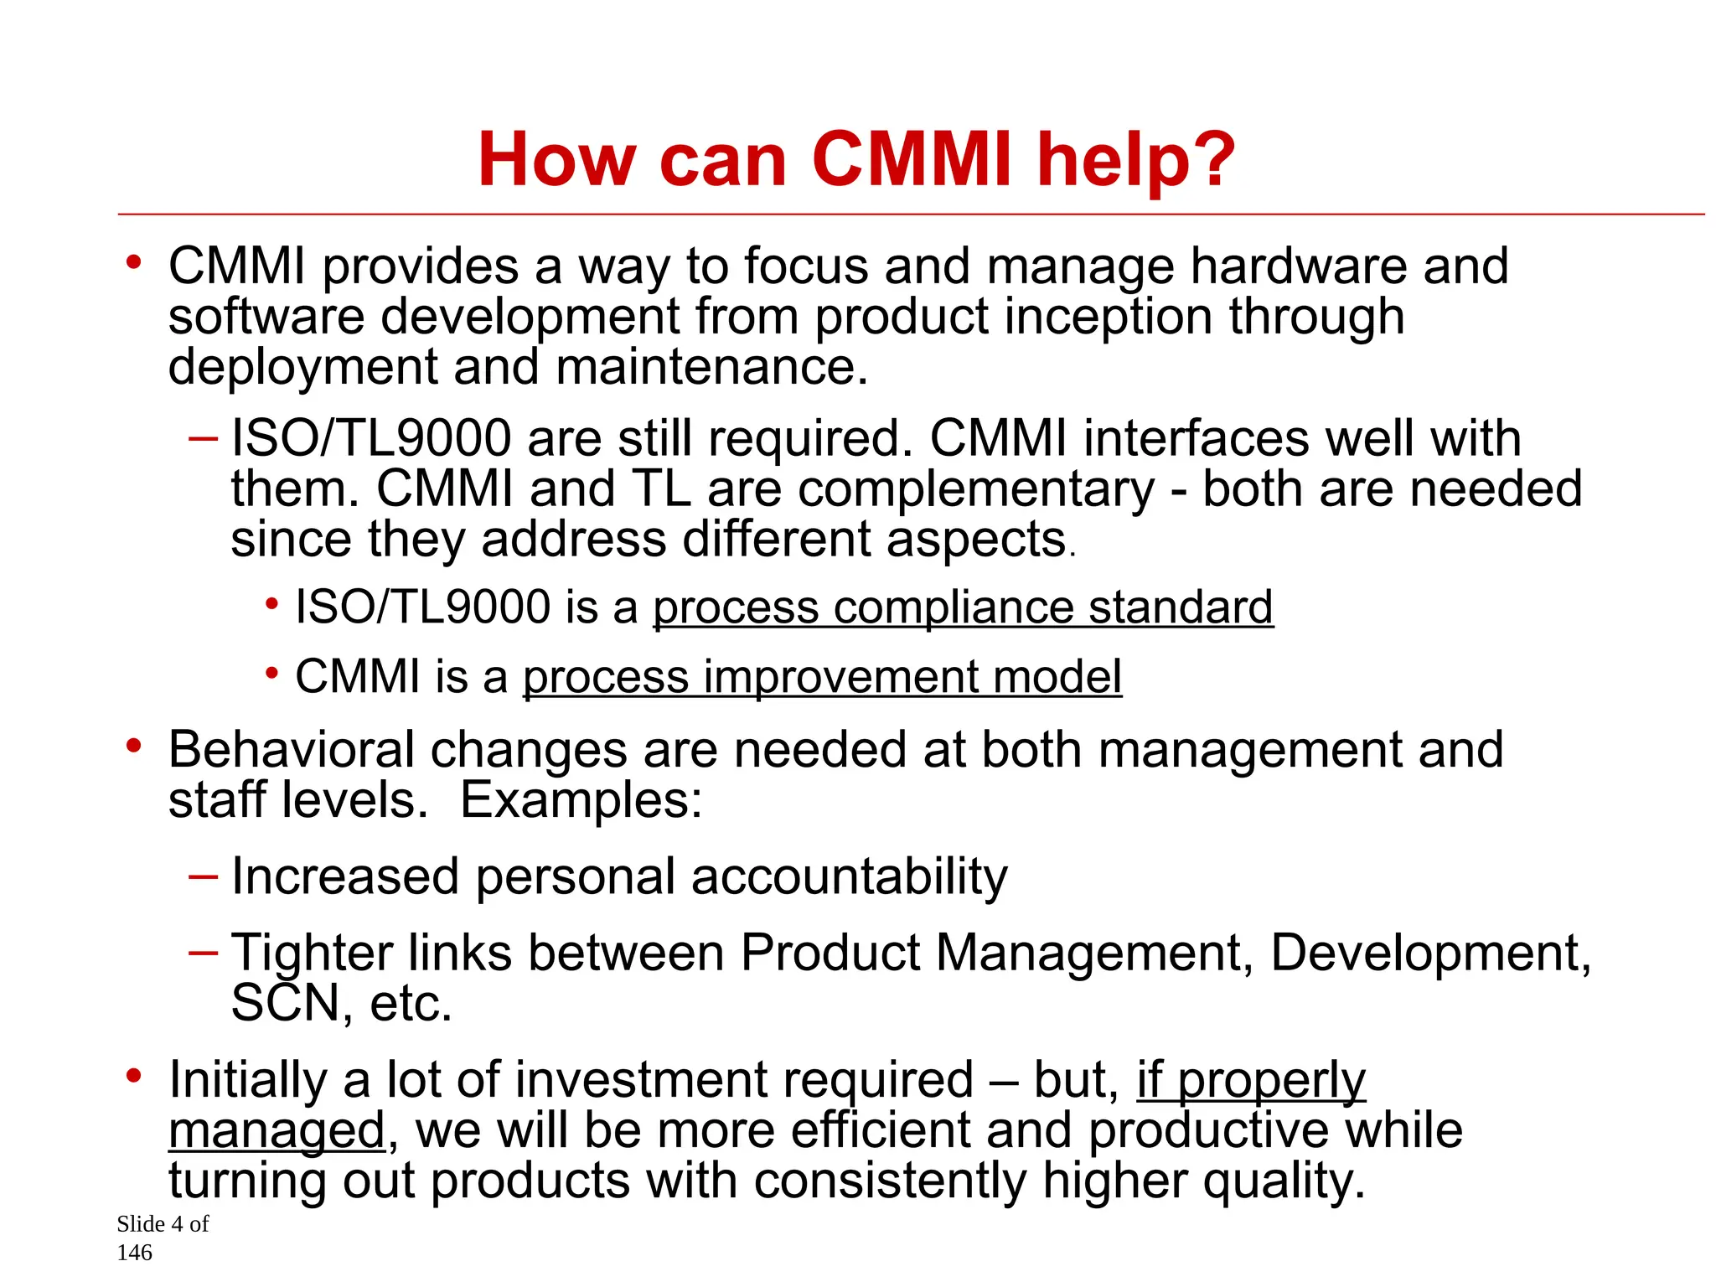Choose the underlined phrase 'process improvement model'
[x=822, y=676]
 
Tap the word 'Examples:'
[x=581, y=799]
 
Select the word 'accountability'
[x=850, y=876]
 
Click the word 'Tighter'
[x=312, y=954]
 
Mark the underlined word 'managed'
[x=277, y=1129]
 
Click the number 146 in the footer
[x=135, y=1253]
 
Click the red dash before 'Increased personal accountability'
[x=204, y=876]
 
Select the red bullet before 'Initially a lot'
[x=133, y=1074]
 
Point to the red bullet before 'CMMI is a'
[x=271, y=672]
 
